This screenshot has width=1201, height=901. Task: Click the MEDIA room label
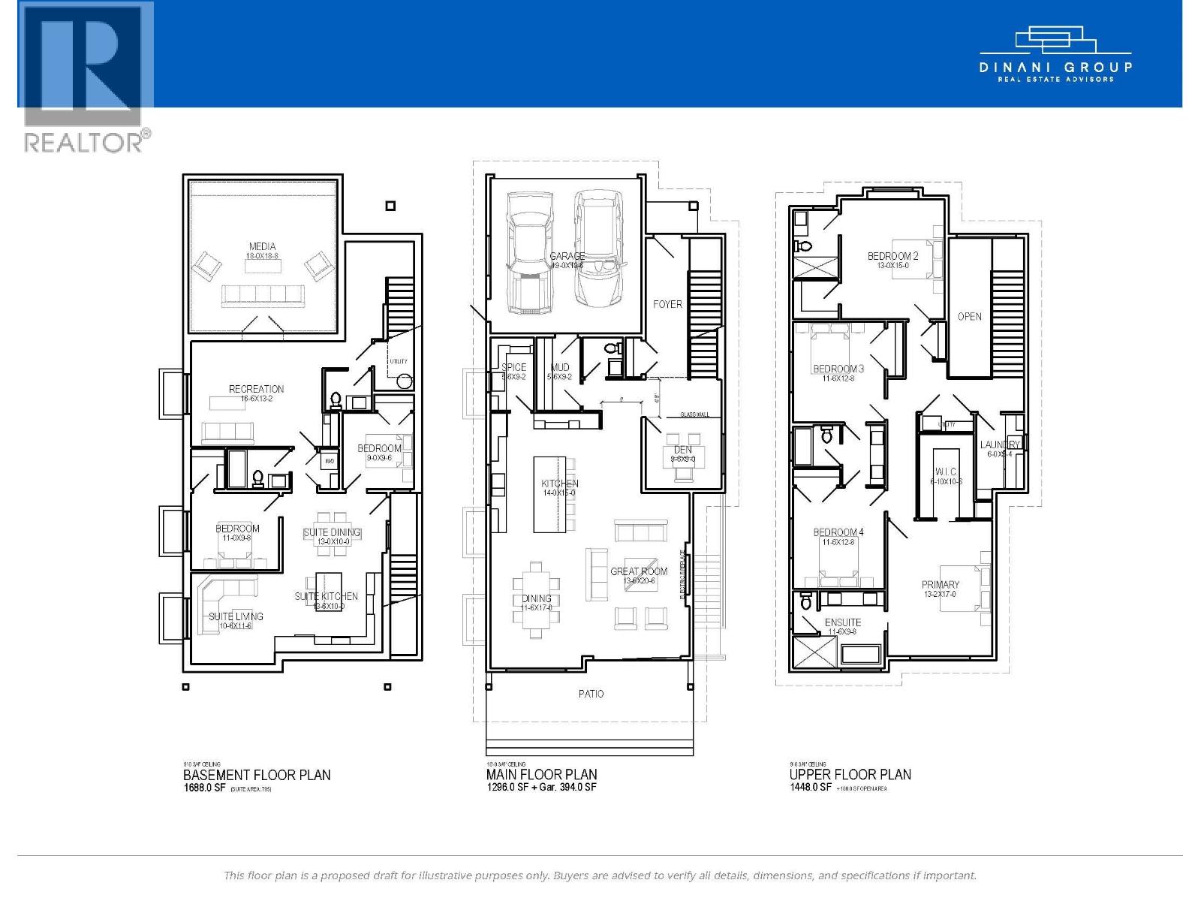tap(262, 246)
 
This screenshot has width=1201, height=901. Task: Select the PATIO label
tap(591, 694)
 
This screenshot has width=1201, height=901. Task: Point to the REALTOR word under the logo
tap(82, 142)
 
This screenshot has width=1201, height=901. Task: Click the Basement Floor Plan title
tap(257, 775)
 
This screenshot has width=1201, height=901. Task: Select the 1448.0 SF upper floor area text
tap(810, 788)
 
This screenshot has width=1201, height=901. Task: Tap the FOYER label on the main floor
tap(667, 304)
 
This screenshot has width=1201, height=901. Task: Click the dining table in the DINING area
tap(536, 599)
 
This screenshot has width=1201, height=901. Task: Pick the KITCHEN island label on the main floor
tap(560, 484)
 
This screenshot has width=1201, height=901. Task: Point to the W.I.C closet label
tap(946, 472)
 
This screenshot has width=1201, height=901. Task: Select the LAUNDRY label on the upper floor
tap(1000, 445)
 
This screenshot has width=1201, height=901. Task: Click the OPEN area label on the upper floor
tap(969, 316)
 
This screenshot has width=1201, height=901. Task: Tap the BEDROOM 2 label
tap(892, 256)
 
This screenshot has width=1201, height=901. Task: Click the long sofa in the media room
tap(262, 297)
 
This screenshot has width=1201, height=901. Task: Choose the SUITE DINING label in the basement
tap(332, 532)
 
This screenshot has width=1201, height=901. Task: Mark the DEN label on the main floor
tap(682, 450)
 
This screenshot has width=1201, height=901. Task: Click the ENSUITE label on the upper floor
tap(842, 622)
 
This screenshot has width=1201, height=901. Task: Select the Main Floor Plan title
tap(541, 775)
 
